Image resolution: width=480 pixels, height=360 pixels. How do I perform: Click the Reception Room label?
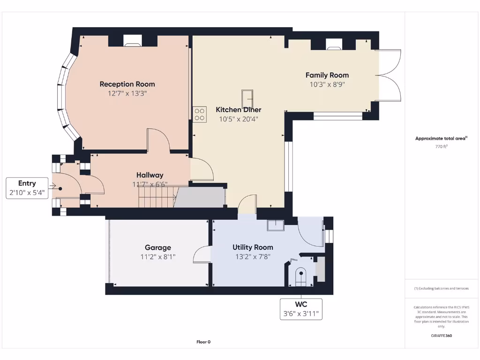tap(127, 84)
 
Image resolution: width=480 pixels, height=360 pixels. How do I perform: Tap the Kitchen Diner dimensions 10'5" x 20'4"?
tap(239, 119)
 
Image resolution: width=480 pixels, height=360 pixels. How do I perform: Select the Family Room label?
tap(327, 75)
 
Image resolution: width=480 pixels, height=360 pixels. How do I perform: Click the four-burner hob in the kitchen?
tap(200, 114)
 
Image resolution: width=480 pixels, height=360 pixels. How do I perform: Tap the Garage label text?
tap(158, 247)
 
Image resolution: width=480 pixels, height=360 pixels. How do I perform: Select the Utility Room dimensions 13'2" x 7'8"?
tap(253, 257)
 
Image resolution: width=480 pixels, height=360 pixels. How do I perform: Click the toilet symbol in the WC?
tap(301, 277)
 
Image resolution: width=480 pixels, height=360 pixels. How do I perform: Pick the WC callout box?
tap(301, 309)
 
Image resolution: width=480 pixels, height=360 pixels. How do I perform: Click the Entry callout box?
tap(27, 188)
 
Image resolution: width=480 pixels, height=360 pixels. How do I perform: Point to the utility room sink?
tap(276, 225)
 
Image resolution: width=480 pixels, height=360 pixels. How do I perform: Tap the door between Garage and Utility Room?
tap(202, 254)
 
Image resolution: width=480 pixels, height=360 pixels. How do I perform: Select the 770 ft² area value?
tap(441, 147)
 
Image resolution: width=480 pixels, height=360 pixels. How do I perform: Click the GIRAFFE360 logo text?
tap(441, 336)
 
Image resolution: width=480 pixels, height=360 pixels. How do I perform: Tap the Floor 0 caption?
tap(203, 342)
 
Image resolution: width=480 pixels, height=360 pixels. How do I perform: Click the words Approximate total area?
tap(440, 138)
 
